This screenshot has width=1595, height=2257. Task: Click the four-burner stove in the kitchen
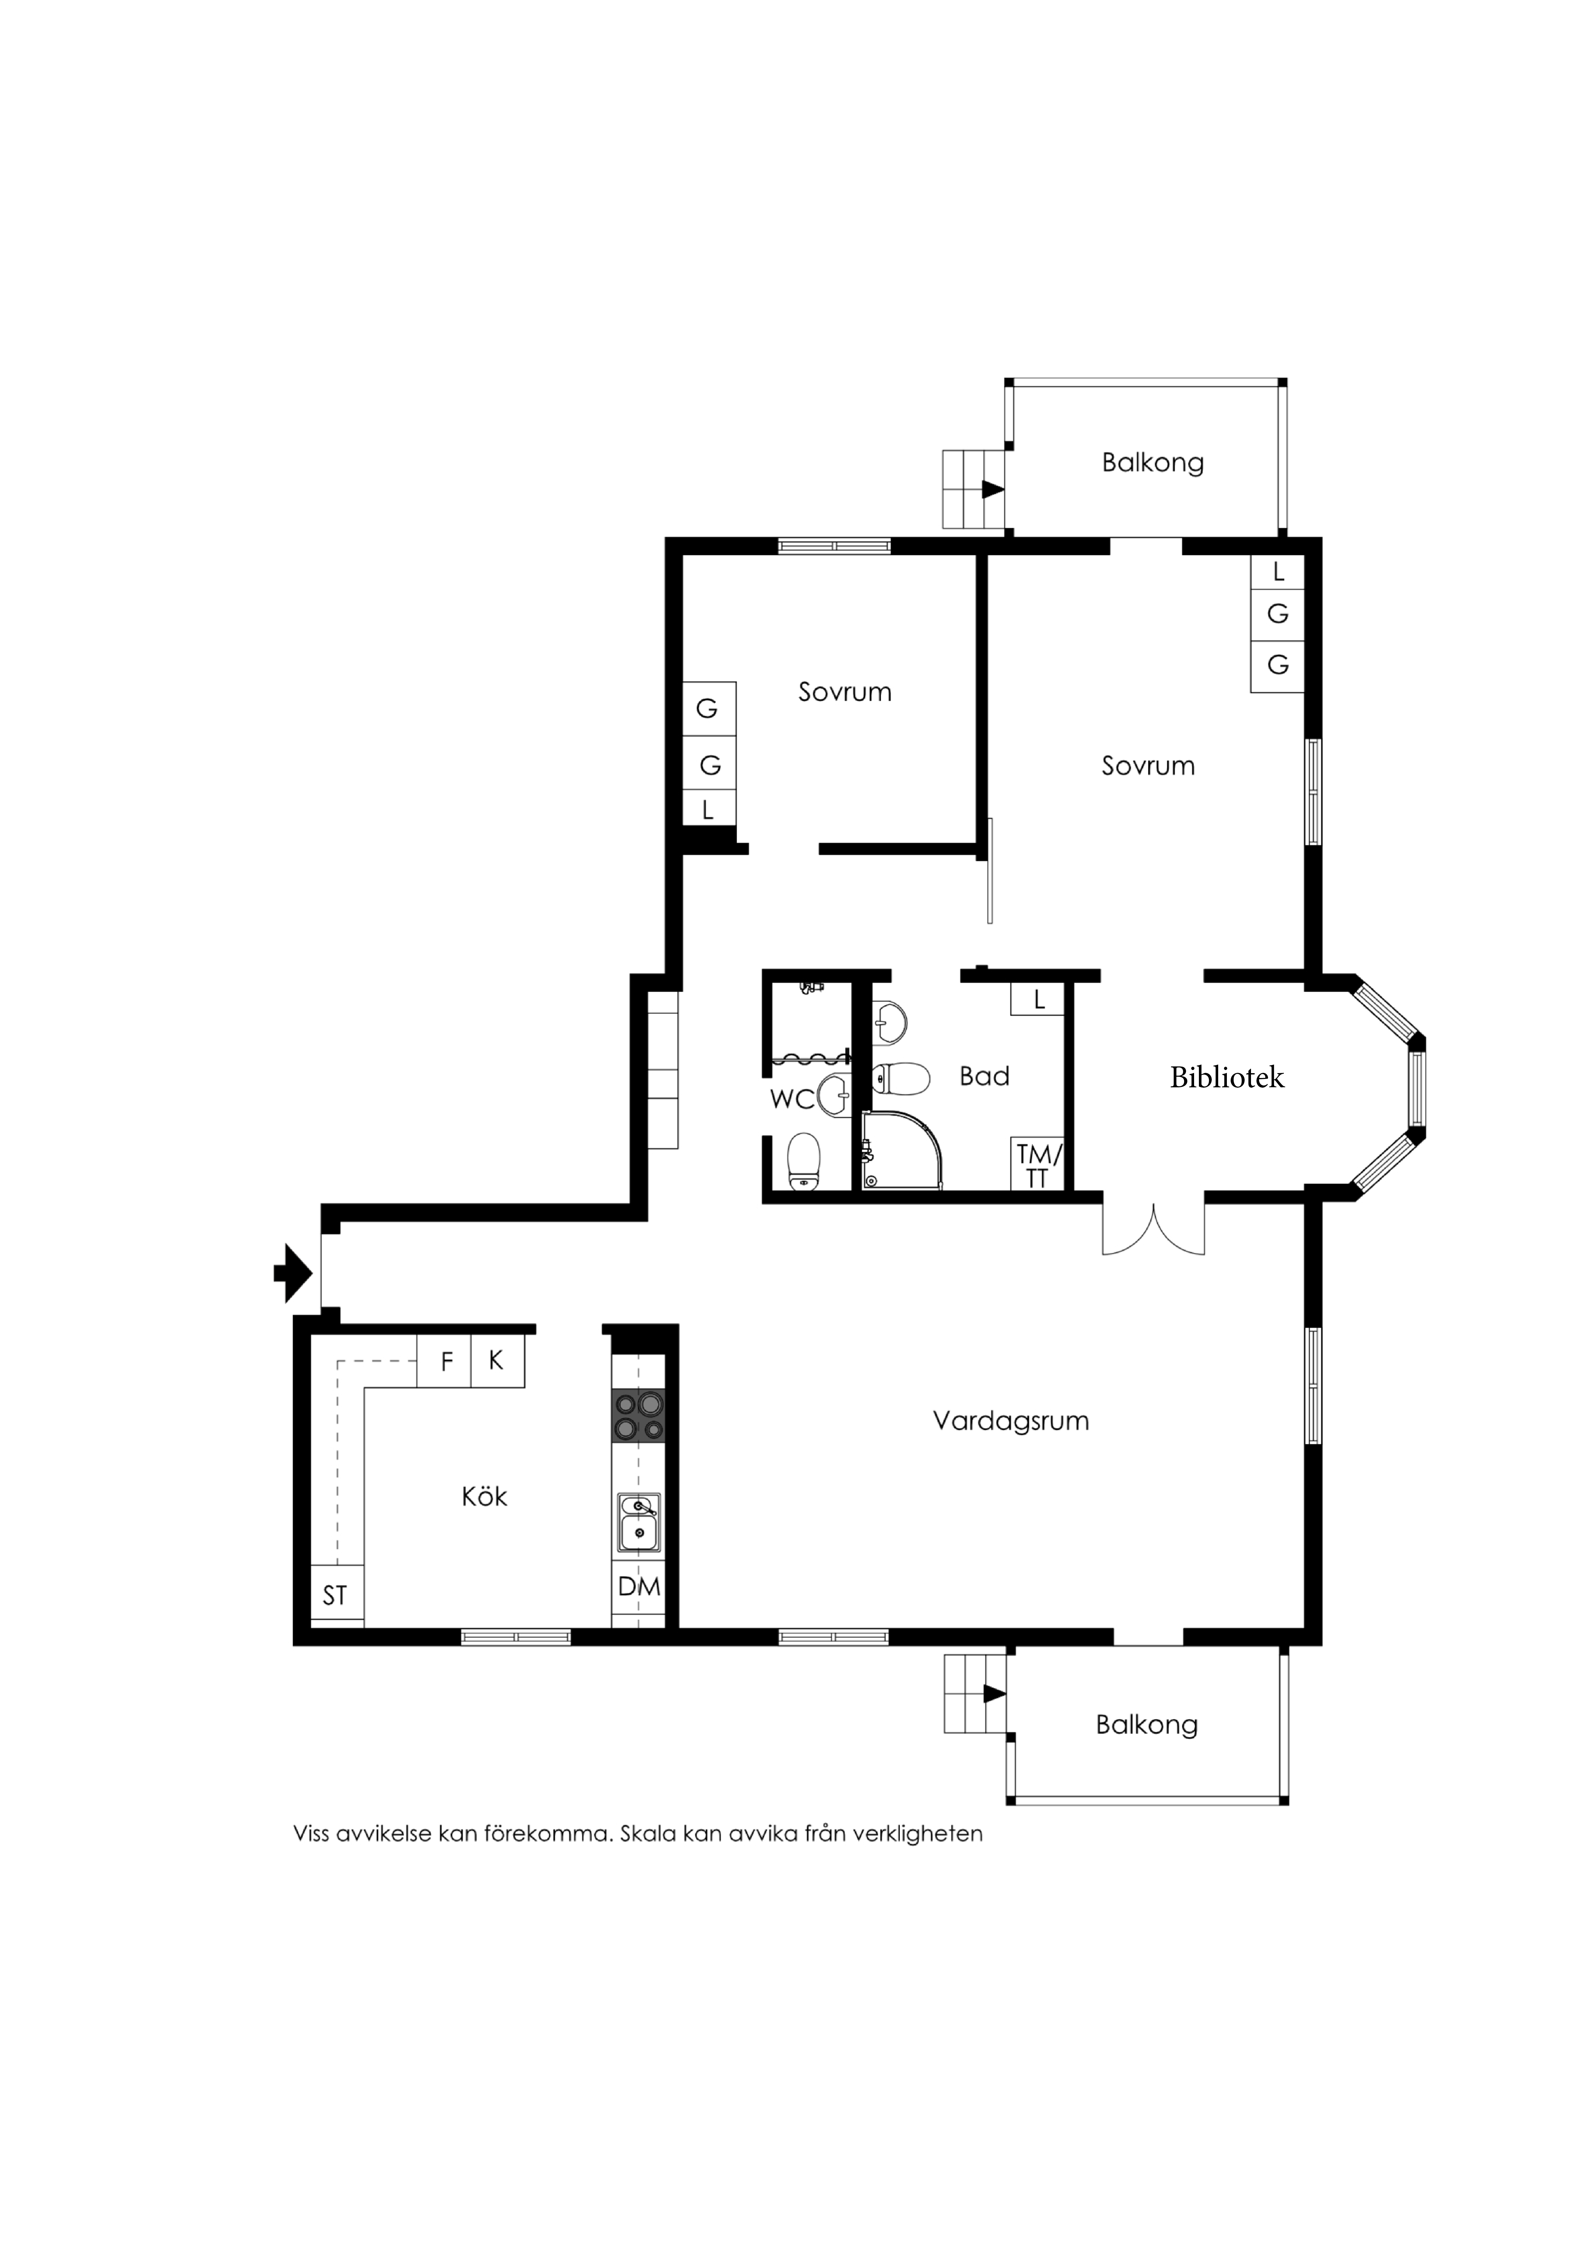(x=638, y=1416)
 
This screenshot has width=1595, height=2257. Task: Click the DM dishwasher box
(x=639, y=1587)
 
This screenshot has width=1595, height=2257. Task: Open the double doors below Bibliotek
(x=1153, y=1229)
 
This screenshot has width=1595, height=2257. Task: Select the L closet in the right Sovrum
(x=1278, y=571)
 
